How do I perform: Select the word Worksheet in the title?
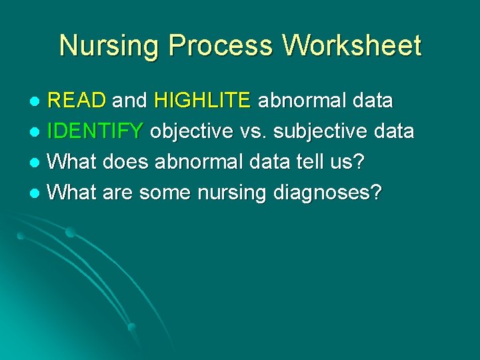353,46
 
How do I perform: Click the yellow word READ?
77,101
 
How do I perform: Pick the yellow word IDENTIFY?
95,132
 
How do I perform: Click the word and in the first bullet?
129,101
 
